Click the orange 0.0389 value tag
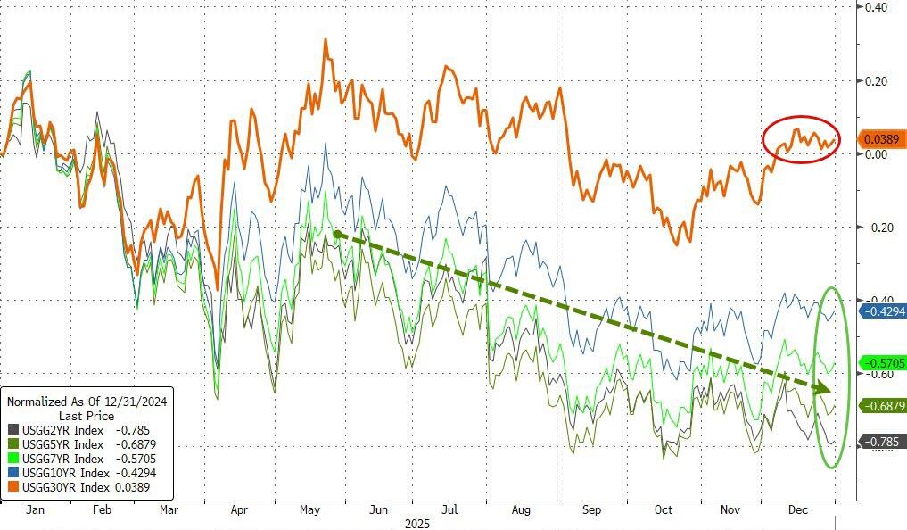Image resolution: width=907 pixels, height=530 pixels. [x=882, y=139]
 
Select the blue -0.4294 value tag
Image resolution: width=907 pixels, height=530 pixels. [x=882, y=311]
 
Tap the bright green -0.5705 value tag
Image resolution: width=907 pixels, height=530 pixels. [x=882, y=362]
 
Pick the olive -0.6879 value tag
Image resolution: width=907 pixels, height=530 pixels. [x=882, y=405]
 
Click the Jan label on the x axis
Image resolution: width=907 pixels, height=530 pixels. [x=36, y=510]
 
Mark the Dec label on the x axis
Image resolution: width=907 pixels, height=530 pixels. [x=798, y=510]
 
